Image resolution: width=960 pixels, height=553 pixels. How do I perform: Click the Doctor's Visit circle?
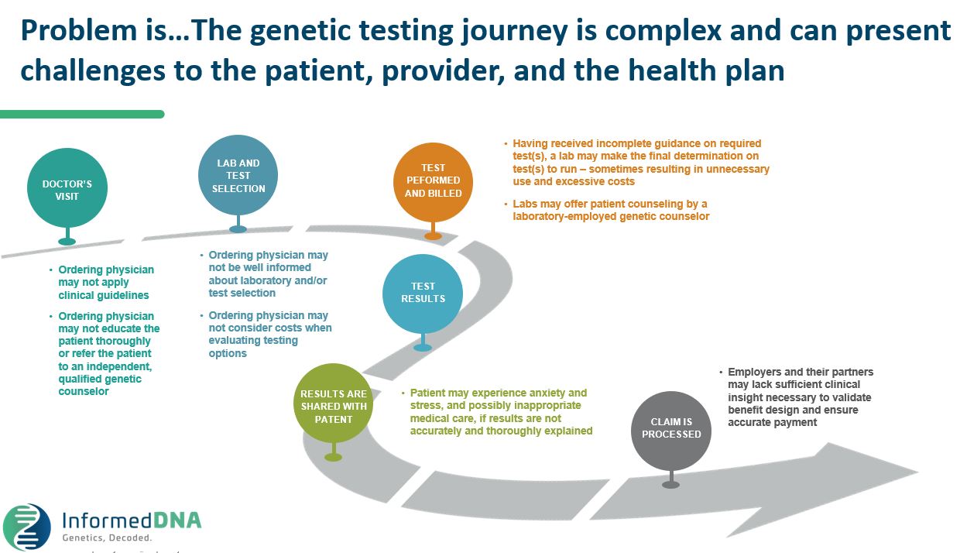coord(67,190)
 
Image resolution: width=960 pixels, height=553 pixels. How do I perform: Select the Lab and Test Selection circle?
coord(238,175)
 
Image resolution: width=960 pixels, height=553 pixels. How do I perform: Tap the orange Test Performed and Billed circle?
coord(433,180)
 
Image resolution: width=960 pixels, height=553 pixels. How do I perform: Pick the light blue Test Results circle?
coord(423,292)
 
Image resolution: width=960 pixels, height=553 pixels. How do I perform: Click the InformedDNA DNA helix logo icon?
coord(27,527)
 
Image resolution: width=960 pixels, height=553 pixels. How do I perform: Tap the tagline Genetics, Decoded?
coord(107,537)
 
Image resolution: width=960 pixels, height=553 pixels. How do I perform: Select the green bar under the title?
coord(81,114)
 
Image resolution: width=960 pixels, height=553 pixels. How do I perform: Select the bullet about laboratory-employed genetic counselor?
coord(610,210)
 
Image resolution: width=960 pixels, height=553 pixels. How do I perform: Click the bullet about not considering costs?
coord(269,334)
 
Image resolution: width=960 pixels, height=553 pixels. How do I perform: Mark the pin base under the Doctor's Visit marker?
coord(67,242)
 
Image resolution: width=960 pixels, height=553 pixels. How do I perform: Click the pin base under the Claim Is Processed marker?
coord(670,485)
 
